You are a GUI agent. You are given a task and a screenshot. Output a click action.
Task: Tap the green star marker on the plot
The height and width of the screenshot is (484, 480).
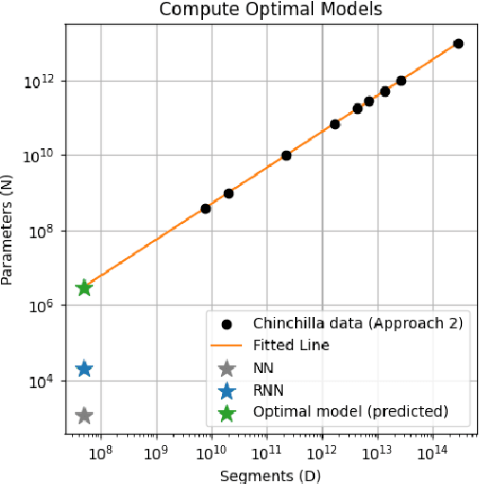click(83, 288)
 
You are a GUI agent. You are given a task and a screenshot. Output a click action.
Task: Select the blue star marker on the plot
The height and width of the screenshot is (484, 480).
click(83, 368)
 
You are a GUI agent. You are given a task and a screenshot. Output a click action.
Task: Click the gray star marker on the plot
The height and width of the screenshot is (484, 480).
click(83, 415)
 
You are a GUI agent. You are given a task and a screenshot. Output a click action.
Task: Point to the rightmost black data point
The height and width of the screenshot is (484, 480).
click(458, 44)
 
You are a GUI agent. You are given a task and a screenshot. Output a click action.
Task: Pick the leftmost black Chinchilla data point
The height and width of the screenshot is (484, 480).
click(206, 209)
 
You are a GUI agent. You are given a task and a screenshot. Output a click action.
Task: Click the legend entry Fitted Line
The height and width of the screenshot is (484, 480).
click(291, 345)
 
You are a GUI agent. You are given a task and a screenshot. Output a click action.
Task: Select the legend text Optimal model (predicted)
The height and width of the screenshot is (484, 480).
click(350, 413)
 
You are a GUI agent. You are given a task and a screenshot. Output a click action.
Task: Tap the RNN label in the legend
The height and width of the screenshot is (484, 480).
click(268, 390)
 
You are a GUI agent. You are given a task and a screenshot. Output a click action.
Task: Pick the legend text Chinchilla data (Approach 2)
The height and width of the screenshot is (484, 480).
click(358, 323)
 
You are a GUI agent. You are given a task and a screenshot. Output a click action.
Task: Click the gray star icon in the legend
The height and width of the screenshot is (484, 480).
click(226, 368)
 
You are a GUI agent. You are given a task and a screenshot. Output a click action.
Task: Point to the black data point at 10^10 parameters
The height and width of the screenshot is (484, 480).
click(286, 155)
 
